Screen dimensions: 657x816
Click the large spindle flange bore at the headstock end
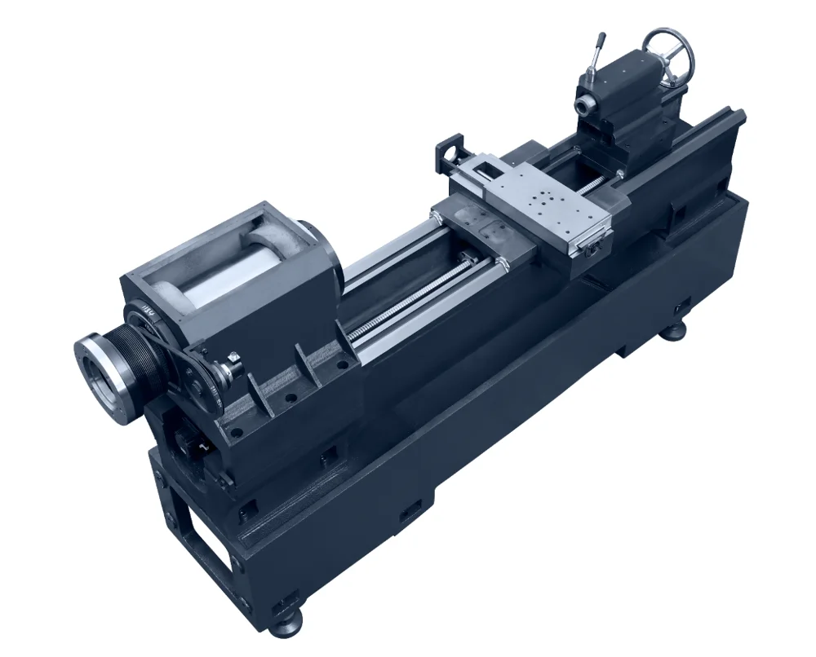103,370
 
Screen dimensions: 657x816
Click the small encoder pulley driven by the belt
202,381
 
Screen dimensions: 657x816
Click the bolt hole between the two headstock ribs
290,399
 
